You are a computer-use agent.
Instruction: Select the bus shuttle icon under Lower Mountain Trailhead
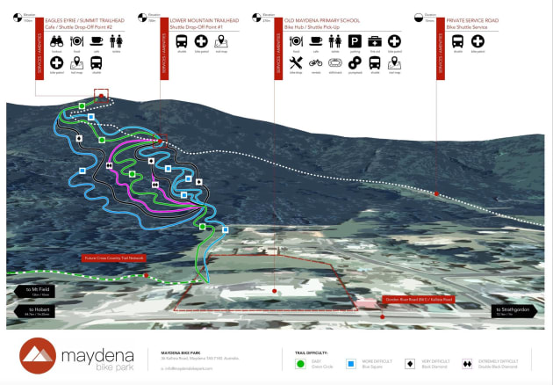[182, 41]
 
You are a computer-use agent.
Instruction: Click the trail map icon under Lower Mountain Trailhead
[221, 41]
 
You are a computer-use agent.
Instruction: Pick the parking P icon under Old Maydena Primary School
[355, 41]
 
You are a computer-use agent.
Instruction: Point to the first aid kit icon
[375, 41]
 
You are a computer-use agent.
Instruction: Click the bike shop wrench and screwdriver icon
[295, 63]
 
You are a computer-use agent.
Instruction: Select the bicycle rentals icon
[315, 63]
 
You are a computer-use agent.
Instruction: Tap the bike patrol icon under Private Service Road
[478, 41]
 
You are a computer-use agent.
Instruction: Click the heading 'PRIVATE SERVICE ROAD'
[478, 18]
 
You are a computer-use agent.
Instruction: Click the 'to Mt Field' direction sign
[39, 290]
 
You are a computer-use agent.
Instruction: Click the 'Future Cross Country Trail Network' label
[114, 258]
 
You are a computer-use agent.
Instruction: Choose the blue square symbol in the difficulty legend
[350, 361]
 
